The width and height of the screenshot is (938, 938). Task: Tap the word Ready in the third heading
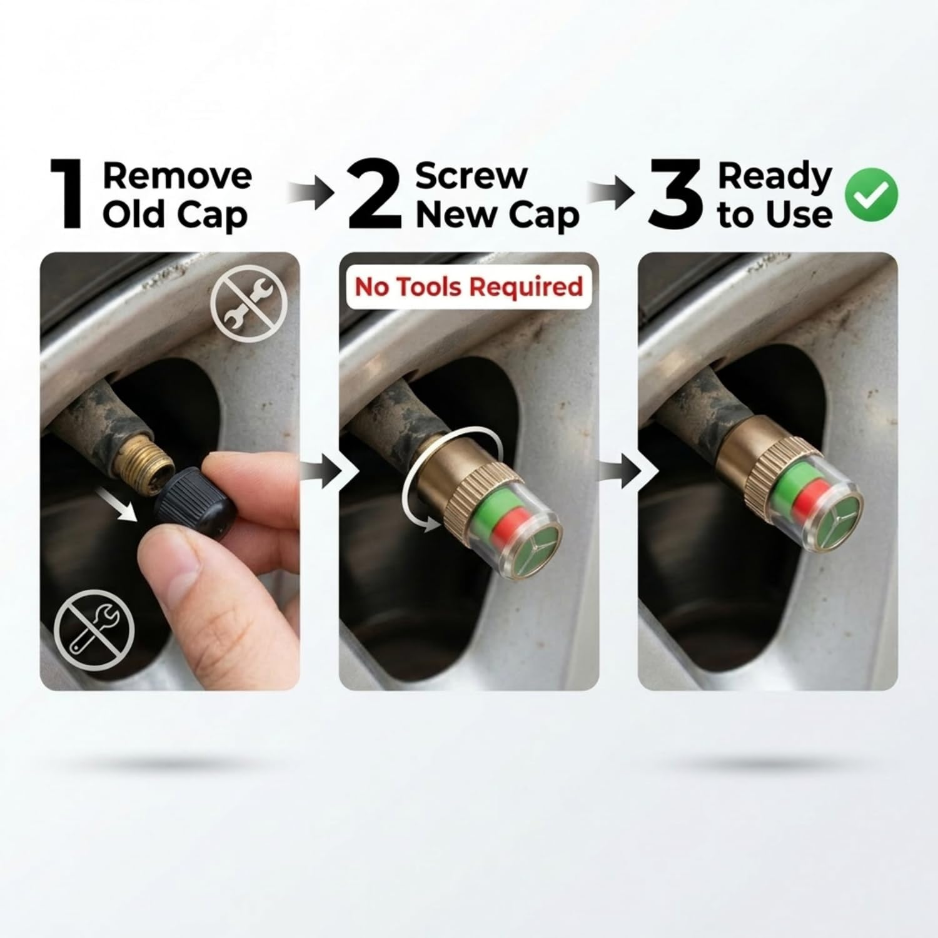pos(774,178)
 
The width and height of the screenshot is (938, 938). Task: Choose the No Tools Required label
pos(469,287)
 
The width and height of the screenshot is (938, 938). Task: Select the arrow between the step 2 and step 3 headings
pos(613,192)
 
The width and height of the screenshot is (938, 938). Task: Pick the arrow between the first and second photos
pos(321,470)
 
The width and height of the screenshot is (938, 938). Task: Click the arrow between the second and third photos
pos(622,470)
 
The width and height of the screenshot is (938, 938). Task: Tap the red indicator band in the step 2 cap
pos(510,524)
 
